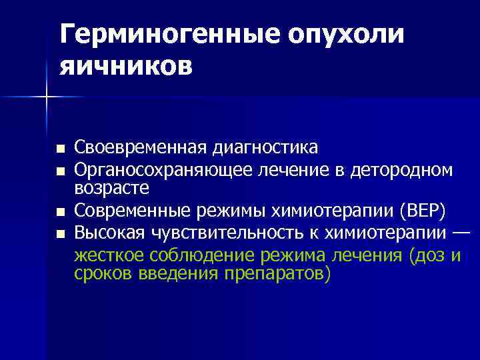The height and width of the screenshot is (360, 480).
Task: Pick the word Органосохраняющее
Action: pos(163,171)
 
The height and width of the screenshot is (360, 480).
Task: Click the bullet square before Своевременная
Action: pos(61,148)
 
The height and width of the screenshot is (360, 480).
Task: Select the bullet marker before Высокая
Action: pos(61,234)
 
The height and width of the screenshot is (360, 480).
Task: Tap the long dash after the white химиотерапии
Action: pos(461,233)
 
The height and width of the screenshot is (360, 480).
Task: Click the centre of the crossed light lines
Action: pos(47,97)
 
